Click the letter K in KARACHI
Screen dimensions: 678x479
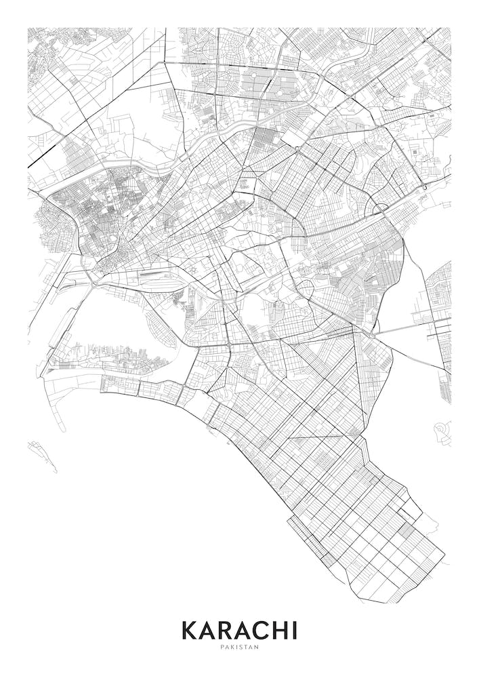[x=190, y=630]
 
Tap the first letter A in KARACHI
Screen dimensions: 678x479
[x=208, y=630]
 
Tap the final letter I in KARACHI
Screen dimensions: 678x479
[x=293, y=630]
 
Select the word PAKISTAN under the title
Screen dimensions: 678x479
[x=239, y=647]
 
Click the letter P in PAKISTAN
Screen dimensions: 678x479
[x=222, y=647]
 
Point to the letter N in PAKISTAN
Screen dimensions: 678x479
[x=257, y=647]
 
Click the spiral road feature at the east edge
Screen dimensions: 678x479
[x=442, y=430]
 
